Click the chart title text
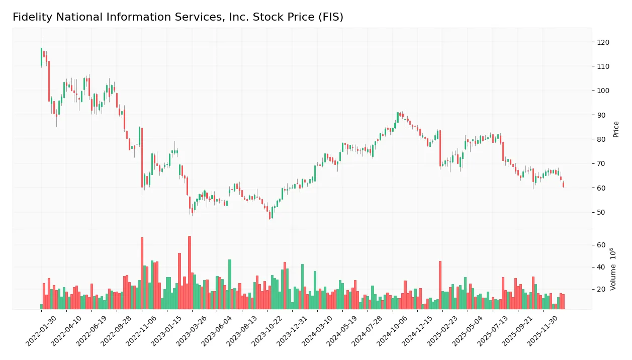click(x=178, y=17)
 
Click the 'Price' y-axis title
click(x=616, y=129)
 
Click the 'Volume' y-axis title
click(x=613, y=269)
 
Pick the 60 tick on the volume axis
click(x=601, y=245)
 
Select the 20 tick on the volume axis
click(x=601, y=289)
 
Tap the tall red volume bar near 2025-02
click(x=440, y=285)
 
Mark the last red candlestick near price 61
click(x=563, y=185)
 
